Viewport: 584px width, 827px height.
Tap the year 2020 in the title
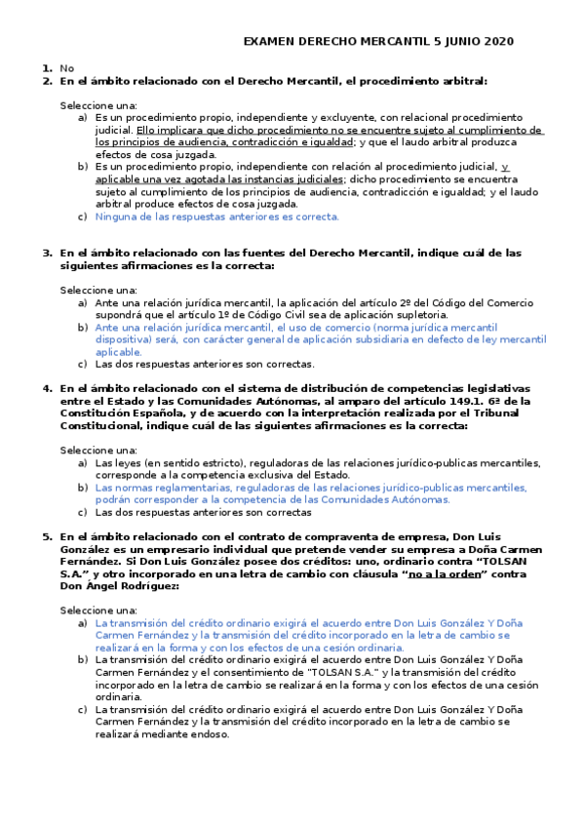493,42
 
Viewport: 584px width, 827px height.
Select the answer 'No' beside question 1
66,68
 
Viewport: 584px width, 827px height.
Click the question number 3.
47,253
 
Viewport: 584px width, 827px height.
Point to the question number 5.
47,536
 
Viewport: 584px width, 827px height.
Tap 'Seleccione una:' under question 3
98,291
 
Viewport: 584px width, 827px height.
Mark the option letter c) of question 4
82,512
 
